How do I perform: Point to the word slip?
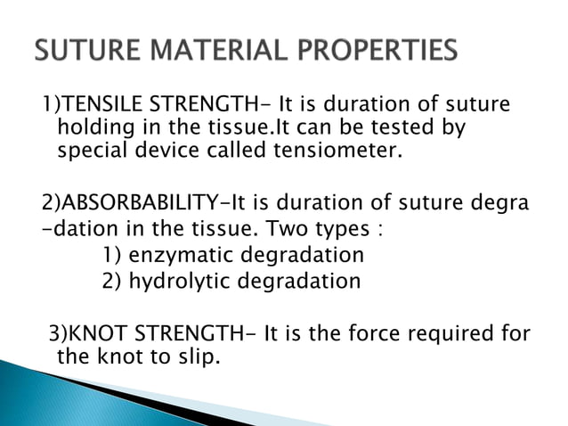click(197, 359)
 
